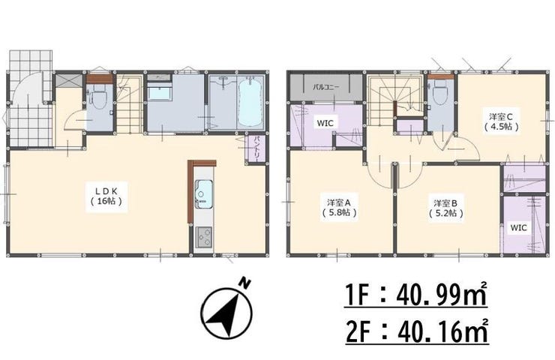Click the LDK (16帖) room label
pos(106,196)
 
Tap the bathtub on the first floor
pos(250,103)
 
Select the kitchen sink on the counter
pos(203,194)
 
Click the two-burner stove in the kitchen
pos(203,237)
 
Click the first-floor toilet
pos(100,100)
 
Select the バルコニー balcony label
pos(325,87)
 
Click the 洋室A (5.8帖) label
pos(338,208)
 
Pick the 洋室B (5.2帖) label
pos(446,208)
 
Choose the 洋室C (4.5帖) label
pos(501,121)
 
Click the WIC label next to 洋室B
pos(518,227)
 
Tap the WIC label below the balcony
pos(325,123)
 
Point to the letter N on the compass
pos(244,283)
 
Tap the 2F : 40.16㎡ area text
pos(417,331)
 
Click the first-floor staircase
pos(129,103)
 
